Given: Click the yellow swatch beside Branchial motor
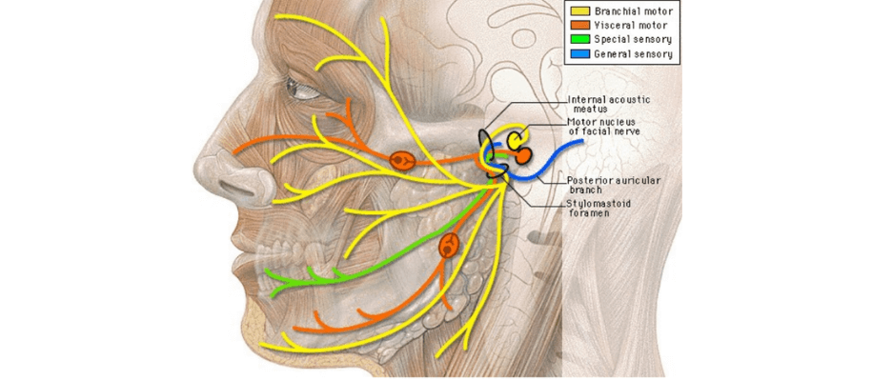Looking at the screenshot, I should pyautogui.click(x=578, y=10).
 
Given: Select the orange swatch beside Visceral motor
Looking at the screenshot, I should pyautogui.click(x=578, y=25).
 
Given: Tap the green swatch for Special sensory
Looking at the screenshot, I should pyautogui.click(x=578, y=39).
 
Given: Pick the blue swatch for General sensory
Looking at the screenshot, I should pyautogui.click(x=578, y=54).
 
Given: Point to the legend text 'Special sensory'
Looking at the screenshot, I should pyautogui.click(x=632, y=39).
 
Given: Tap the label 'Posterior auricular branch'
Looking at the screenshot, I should pyautogui.click(x=614, y=185).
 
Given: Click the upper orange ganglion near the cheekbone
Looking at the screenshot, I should pyautogui.click(x=401, y=160).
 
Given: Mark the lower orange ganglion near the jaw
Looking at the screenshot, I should pyautogui.click(x=449, y=247).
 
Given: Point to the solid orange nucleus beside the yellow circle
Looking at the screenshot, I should pyautogui.click(x=525, y=154).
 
